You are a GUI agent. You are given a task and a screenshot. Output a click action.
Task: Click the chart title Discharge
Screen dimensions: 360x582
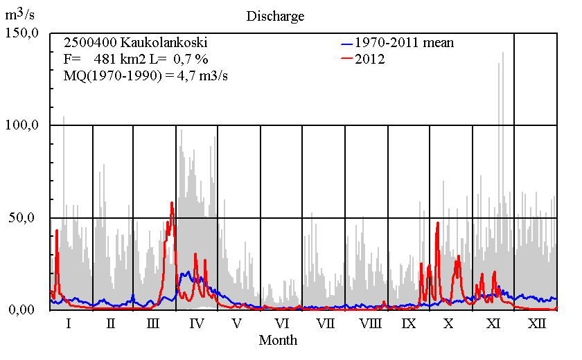click(275, 15)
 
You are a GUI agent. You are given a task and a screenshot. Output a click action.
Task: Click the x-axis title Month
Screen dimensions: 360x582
click(278, 340)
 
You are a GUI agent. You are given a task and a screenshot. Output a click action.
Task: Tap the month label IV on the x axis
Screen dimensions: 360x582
click(196, 323)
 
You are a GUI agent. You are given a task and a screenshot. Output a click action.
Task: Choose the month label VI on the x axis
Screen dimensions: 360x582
click(281, 323)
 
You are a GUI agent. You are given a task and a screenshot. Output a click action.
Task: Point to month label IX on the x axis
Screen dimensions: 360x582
click(409, 323)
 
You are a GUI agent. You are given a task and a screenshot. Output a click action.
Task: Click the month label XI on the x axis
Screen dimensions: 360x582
click(493, 323)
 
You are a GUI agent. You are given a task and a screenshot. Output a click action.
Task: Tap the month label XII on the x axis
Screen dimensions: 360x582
click(536, 323)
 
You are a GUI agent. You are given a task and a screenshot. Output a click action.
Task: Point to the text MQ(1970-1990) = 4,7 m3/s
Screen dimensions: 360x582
click(145, 75)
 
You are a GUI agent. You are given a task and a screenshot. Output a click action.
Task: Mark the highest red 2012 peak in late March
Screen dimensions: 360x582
click(172, 203)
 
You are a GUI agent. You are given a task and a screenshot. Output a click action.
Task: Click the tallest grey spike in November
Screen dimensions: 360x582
click(503, 53)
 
